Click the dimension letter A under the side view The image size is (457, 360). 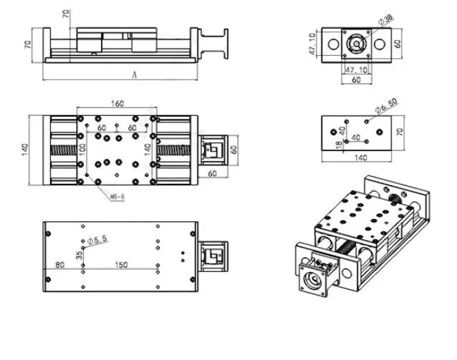(x=135, y=74)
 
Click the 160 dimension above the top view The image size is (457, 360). (x=118, y=104)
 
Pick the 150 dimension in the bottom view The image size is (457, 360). (x=122, y=265)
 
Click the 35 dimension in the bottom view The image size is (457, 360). (x=79, y=253)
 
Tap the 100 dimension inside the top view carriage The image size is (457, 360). (x=82, y=151)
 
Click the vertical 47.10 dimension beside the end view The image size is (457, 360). (x=312, y=44)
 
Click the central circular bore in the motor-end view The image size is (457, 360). (x=356, y=44)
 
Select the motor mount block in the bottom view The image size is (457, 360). (x=214, y=254)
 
